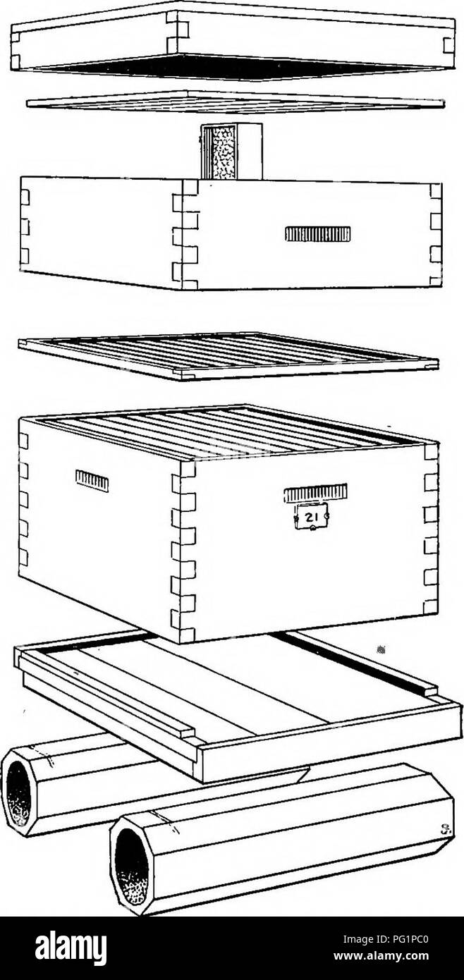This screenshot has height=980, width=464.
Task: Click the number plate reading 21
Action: (x=312, y=517)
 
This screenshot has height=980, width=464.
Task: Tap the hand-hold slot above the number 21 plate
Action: (x=315, y=493)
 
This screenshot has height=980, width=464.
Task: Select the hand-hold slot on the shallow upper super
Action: (x=318, y=234)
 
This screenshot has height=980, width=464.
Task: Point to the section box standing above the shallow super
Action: (x=231, y=151)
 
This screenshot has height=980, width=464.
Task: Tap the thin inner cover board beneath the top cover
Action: (x=236, y=102)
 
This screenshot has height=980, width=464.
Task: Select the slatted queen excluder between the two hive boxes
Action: (x=228, y=357)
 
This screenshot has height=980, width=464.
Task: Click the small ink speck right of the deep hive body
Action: (x=381, y=651)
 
